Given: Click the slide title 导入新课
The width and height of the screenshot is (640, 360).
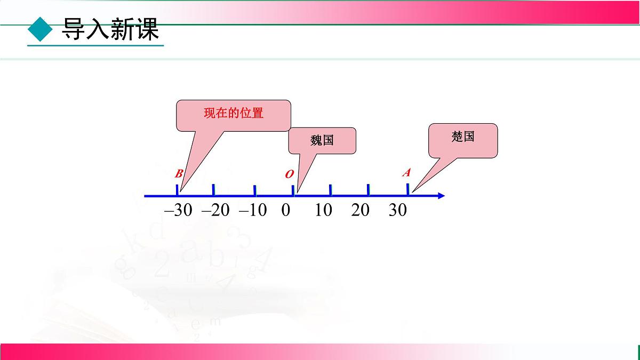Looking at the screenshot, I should pyautogui.click(x=110, y=30).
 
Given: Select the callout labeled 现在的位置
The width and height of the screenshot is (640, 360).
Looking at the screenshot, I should pyautogui.click(x=234, y=114).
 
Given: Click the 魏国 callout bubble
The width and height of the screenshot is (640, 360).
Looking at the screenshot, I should pyautogui.click(x=322, y=141).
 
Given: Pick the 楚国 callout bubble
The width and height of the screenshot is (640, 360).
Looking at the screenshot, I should pyautogui.click(x=463, y=140).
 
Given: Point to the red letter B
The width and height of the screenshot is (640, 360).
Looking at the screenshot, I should pyautogui.click(x=179, y=174).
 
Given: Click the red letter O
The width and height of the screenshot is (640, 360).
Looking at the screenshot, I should pyautogui.click(x=289, y=174).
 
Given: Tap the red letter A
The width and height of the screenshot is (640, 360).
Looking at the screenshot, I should pyautogui.click(x=406, y=173).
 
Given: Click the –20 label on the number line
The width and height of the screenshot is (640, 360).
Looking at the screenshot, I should pyautogui.click(x=215, y=210).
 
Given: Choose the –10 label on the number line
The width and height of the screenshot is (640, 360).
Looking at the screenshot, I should pyautogui.click(x=253, y=210).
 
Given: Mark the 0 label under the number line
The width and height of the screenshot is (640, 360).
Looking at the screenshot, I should pyautogui.click(x=286, y=210).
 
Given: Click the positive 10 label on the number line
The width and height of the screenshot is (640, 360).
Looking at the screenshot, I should pyautogui.click(x=324, y=210).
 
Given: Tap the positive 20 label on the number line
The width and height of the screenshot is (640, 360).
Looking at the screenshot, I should pyautogui.click(x=361, y=210).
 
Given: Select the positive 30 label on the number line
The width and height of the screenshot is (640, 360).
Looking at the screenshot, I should pyautogui.click(x=398, y=210).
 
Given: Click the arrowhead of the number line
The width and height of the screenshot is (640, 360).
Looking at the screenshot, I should pyautogui.click(x=441, y=196).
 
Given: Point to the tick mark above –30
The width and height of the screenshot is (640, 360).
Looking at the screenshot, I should pyautogui.click(x=177, y=190).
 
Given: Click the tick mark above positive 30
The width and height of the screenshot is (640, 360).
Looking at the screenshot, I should pyautogui.click(x=408, y=189).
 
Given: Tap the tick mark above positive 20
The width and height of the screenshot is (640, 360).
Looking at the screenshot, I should pyautogui.click(x=368, y=190).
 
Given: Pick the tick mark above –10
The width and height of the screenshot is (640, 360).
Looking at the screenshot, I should pyautogui.click(x=254, y=190).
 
